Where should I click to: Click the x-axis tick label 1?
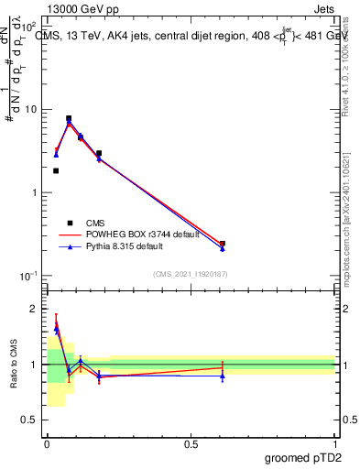(334, 443)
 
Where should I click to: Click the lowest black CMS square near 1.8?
(56, 170)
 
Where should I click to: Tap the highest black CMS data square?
(69, 118)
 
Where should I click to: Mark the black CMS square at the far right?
(223, 244)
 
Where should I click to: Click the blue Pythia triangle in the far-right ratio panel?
(223, 376)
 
